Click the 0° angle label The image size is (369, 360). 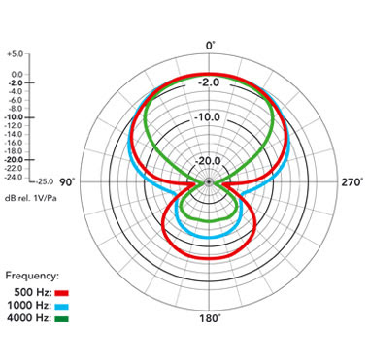click(x=210, y=46)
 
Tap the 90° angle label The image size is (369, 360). click(x=67, y=182)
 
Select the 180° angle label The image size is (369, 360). click(x=210, y=318)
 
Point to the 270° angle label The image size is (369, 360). click(x=352, y=182)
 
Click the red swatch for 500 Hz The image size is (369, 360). click(x=62, y=293)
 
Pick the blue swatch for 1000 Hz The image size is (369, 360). click(x=62, y=306)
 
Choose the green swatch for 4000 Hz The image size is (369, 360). click(x=62, y=319)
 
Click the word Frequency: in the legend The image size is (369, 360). click(x=32, y=276)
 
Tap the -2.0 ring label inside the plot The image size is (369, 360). click(x=209, y=82)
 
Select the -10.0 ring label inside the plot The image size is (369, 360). click(x=209, y=117)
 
